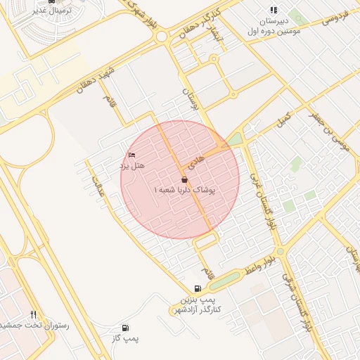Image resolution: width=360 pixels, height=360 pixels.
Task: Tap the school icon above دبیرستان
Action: click(274, 10)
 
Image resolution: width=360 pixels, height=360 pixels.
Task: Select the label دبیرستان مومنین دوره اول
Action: click(274, 27)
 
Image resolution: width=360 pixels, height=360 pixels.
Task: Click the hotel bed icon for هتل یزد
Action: click(131, 155)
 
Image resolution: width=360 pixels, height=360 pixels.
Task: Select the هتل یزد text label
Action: click(131, 166)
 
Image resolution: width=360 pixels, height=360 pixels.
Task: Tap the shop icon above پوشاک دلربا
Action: click(185, 180)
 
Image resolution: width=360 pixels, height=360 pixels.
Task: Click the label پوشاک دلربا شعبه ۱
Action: click(185, 191)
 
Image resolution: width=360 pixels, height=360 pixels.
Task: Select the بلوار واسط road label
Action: click(259, 267)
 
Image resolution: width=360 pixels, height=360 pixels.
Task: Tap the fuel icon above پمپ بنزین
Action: click(198, 288)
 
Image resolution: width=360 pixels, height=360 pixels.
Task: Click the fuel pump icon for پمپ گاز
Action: click(125, 328)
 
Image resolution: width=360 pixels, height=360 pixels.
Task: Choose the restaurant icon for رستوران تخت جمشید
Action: click(33, 314)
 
